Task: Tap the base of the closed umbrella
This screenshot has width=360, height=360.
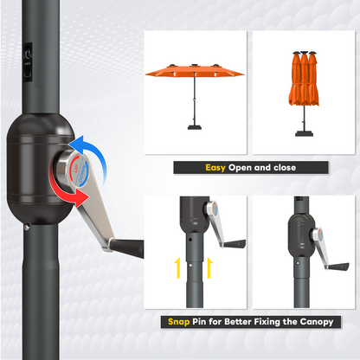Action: click(x=304, y=133)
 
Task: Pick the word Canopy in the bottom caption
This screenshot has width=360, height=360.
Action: click(x=314, y=322)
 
